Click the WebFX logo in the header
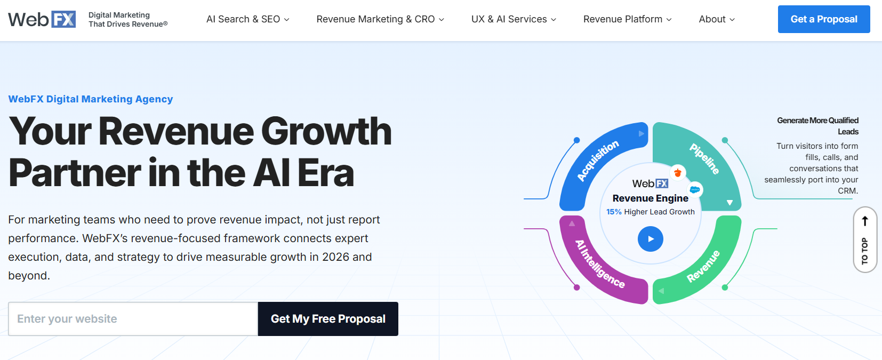[x=42, y=19]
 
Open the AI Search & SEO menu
[x=247, y=19]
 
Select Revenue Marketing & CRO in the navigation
[x=380, y=19]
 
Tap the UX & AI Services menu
[x=514, y=19]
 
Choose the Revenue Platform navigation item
[x=627, y=19]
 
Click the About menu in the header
[x=717, y=19]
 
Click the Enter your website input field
[x=133, y=319]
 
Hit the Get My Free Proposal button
[x=328, y=319]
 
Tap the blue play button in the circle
[x=651, y=239]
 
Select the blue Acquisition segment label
[x=598, y=161]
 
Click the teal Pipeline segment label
[x=704, y=158]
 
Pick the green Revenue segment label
[x=703, y=266]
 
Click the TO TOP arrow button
[x=865, y=239]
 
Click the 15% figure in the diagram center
[x=614, y=212]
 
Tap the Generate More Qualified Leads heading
[x=818, y=126]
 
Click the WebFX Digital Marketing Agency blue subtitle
[x=91, y=99]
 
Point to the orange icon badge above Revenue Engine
[x=678, y=172]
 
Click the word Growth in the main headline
[x=326, y=131]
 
